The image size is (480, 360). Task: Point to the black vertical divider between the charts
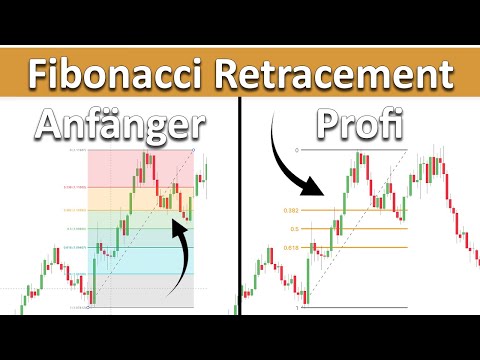[x=241, y=220]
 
